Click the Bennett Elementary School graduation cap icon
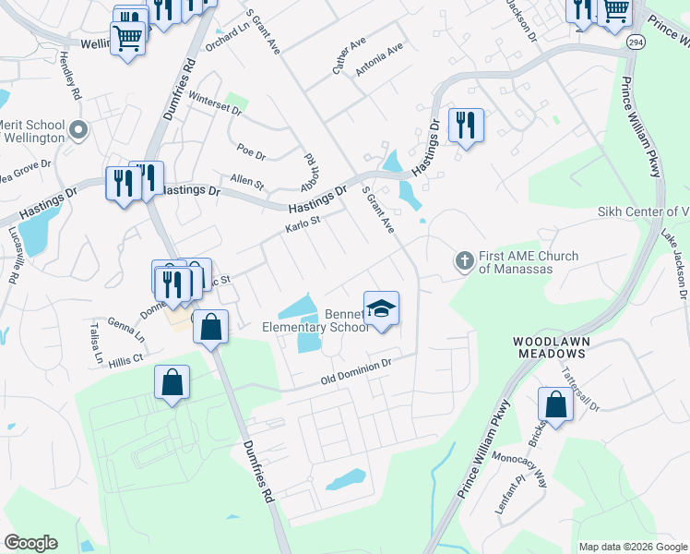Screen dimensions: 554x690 tap(382, 308)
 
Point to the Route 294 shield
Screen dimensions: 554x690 tap(635, 42)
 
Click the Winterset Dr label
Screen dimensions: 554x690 tap(214, 102)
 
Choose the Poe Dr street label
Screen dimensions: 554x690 tap(251, 151)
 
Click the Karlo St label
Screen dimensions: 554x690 tap(302, 224)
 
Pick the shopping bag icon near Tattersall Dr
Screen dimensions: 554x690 tap(555, 403)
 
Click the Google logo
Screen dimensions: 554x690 tap(30, 543)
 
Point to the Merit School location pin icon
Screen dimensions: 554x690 tap(78, 131)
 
